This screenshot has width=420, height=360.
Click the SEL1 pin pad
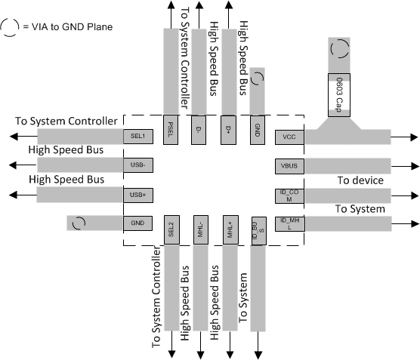click(x=138, y=137)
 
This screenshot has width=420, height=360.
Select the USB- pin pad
click(x=138, y=165)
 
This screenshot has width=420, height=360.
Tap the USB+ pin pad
click(x=138, y=195)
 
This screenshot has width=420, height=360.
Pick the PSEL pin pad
click(x=171, y=125)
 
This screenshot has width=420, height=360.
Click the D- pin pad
click(x=199, y=125)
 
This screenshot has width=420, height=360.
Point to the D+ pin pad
click(x=228, y=125)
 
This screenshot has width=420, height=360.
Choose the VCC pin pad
click(x=289, y=137)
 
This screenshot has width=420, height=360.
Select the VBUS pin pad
click(x=289, y=165)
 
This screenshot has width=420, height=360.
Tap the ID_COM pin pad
click(x=289, y=195)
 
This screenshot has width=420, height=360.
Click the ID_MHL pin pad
click(x=289, y=223)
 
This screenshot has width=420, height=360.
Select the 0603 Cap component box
click(x=339, y=95)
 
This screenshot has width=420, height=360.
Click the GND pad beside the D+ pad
click(x=257, y=125)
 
